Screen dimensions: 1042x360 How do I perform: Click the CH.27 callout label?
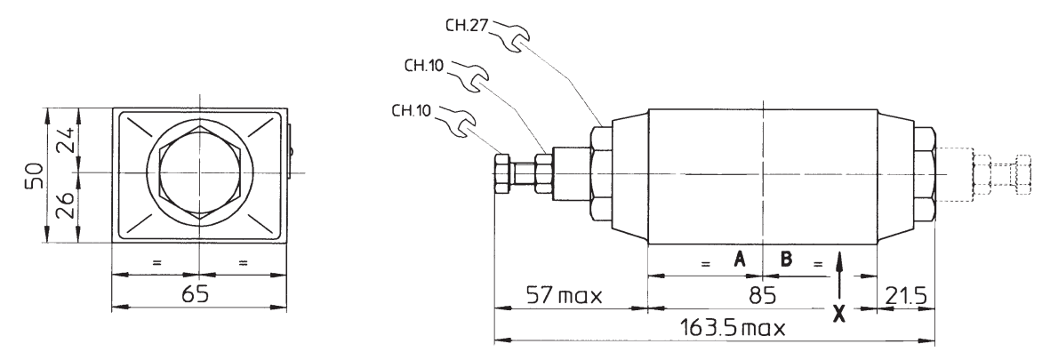tap(467, 26)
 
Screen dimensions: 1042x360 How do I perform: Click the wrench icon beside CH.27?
tap(510, 36)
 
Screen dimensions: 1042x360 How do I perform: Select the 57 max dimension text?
tap(565, 294)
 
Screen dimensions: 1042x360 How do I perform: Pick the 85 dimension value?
tap(762, 294)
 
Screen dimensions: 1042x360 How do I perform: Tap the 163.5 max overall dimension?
tap(733, 327)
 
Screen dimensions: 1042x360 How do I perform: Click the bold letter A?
tap(740, 259)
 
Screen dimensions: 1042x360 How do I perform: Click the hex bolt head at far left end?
tap(502, 174)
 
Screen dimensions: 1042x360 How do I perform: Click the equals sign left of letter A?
tap(704, 264)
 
